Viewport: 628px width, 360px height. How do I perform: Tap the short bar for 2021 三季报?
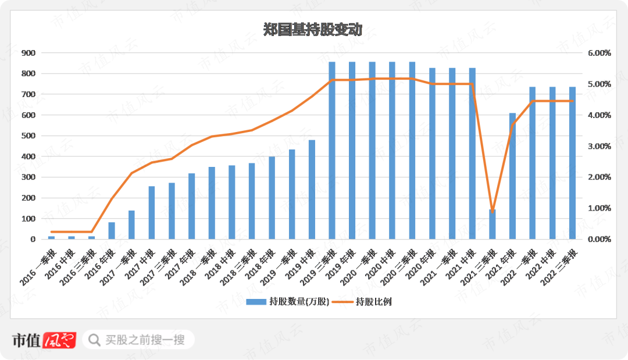tap(493, 224)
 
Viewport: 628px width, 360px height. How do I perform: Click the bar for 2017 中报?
tap(152, 213)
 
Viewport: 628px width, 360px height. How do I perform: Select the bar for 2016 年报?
tap(112, 231)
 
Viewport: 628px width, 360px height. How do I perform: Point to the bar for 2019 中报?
tap(312, 190)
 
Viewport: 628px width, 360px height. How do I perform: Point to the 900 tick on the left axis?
tap(28, 53)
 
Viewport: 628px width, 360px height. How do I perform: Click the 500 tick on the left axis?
tap(28, 136)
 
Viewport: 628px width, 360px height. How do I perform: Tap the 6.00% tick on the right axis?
tap(599, 53)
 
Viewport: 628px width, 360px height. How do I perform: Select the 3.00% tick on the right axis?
tap(599, 146)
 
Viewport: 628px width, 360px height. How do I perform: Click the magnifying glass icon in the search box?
tap(93, 339)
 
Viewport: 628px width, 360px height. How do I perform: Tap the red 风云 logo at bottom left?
tap(60, 340)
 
